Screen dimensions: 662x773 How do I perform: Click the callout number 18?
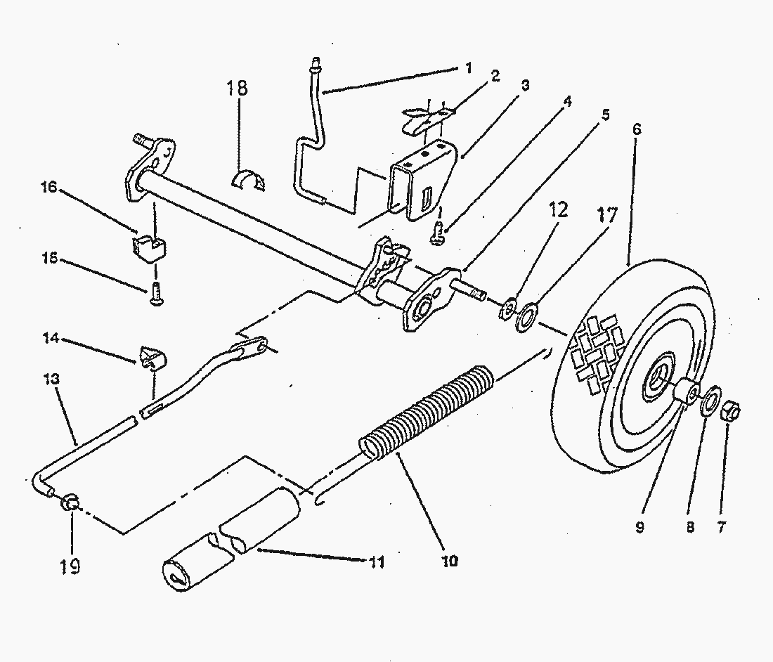pos(238,89)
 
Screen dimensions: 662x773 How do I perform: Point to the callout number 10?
pos(450,560)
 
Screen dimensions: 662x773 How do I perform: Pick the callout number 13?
pos(51,379)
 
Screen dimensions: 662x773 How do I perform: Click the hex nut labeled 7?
pos(729,413)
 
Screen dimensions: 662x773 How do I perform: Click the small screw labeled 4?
pos(437,233)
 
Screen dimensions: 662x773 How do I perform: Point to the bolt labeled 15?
pos(155,296)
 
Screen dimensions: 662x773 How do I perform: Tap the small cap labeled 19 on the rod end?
pos(70,502)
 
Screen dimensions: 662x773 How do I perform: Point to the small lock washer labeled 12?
pos(507,309)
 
